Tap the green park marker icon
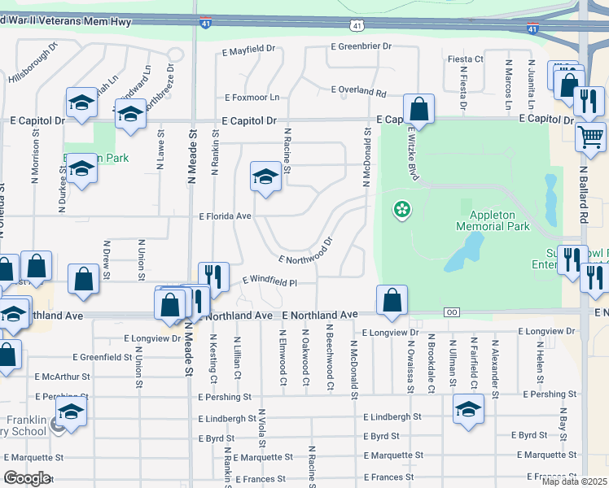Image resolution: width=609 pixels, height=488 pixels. coord(402,210)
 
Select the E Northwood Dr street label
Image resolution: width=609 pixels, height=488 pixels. coord(306,251)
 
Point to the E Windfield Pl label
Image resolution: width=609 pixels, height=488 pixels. coord(269,281)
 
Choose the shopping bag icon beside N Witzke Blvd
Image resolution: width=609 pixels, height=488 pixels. coord(418,108)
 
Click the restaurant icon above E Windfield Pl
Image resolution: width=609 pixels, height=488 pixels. coord(213,276)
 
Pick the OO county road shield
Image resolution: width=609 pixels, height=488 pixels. coord(452,312)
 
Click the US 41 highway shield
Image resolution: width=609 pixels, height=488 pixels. coord(357,27)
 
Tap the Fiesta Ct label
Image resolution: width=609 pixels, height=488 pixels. coord(465,59)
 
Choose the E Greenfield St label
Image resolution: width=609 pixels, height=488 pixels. coord(102,357)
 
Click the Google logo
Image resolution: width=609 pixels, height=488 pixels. coord(27,477)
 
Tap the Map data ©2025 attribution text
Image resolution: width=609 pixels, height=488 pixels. coord(573,481)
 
